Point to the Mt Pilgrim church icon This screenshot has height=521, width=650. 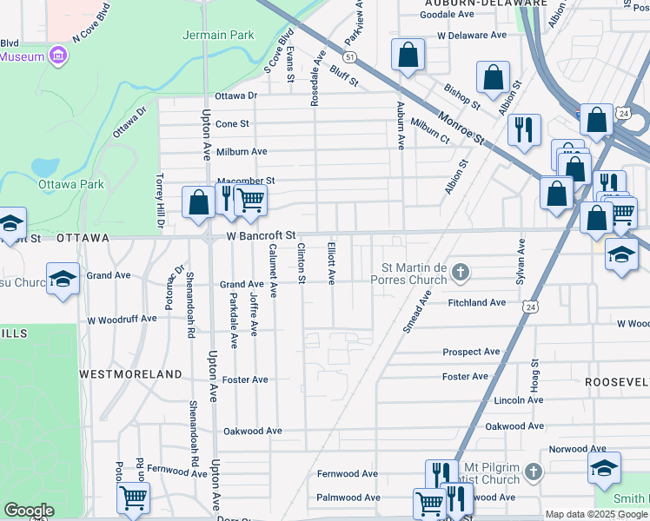(x=534, y=473)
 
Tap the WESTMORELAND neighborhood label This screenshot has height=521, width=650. (x=130, y=374)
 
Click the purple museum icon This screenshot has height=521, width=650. (x=58, y=56)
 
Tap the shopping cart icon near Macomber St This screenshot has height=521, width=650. (x=250, y=199)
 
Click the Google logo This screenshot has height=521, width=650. (x=29, y=510)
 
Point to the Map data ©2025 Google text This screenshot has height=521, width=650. (x=596, y=515)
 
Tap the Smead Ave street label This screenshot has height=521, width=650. (x=416, y=312)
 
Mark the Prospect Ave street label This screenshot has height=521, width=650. (x=471, y=352)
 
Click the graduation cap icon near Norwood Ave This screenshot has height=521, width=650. (x=604, y=467)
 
